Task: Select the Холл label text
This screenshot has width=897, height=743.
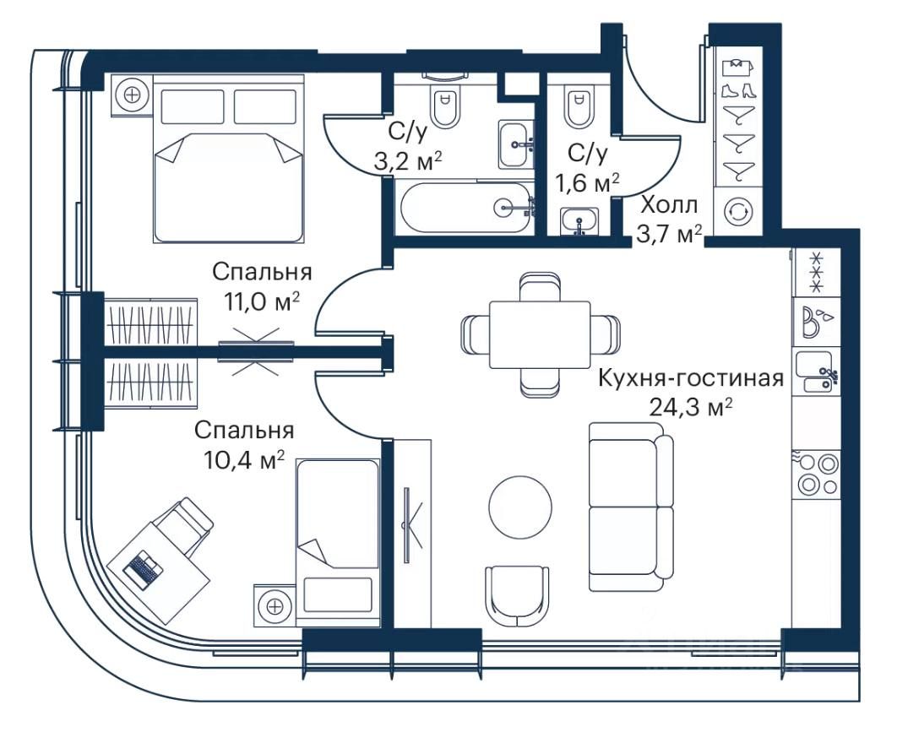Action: click(x=669, y=205)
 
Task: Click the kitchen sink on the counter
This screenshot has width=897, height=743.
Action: click(x=818, y=372)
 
